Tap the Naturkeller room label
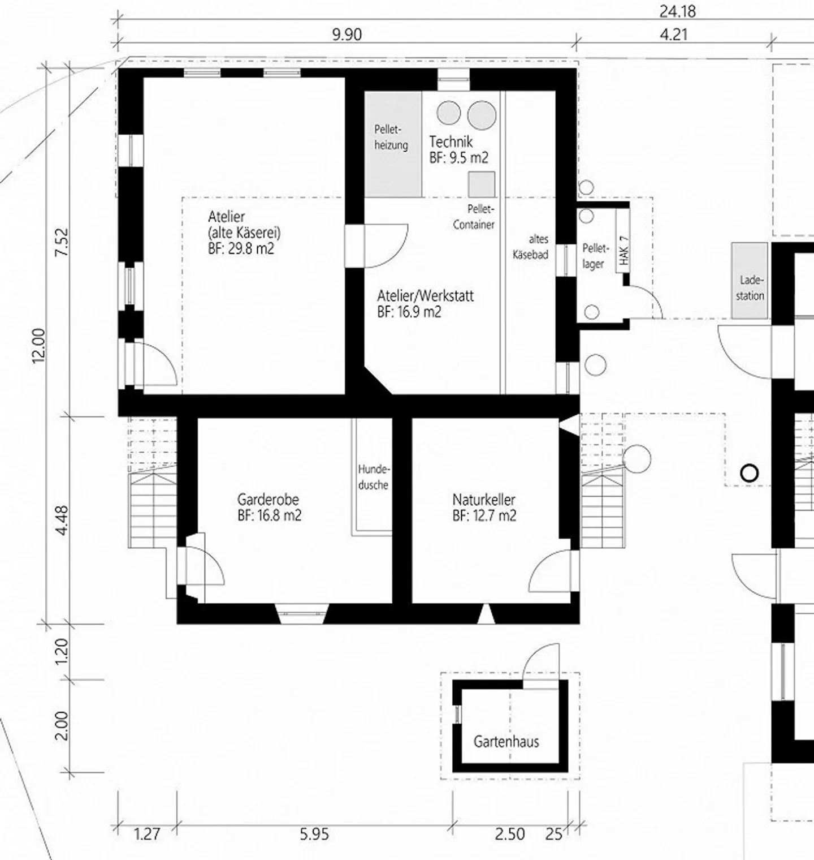(484, 508)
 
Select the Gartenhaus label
(506, 741)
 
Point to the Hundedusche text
(373, 477)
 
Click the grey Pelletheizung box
(393, 144)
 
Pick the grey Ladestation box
(750, 280)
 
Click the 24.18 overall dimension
(677, 11)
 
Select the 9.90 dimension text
(347, 35)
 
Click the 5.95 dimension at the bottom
(314, 834)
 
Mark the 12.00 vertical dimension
(39, 346)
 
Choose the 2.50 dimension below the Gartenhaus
(510, 834)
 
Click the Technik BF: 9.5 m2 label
(458, 149)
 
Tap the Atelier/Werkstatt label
(426, 303)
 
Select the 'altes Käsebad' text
(531, 247)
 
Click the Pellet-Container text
(474, 217)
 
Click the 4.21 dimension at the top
(674, 35)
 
